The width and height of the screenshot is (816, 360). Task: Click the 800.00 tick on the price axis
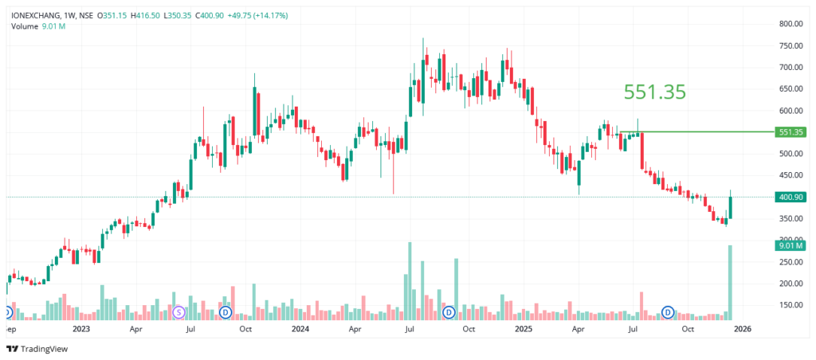pos(790,24)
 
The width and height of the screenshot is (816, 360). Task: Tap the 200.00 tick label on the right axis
pos(790,284)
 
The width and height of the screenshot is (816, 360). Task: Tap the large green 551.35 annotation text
pos(654,92)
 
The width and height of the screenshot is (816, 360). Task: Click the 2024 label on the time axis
pos(300,328)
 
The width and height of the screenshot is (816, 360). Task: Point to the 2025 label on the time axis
pos(523,328)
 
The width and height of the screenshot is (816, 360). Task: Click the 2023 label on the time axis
pos(81,328)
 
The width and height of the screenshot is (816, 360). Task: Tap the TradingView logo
pos(38,349)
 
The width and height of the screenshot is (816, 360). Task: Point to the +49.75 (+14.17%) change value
pos(261,15)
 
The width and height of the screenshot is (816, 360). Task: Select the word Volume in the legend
pos(24,26)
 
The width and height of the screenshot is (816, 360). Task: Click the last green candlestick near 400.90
pos(730,205)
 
